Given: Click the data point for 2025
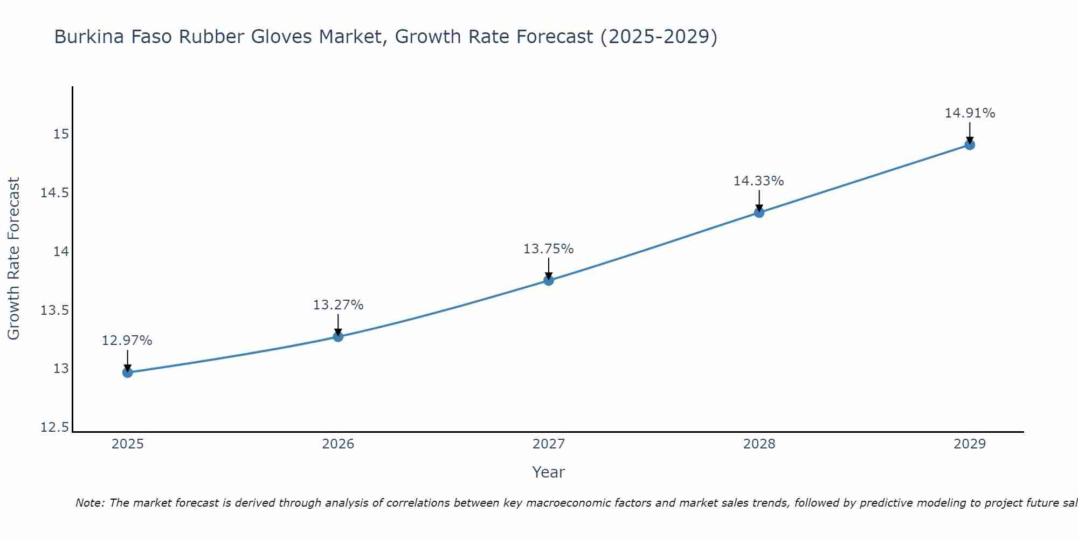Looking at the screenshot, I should point(127,372).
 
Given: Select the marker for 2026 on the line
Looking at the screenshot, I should point(338,337).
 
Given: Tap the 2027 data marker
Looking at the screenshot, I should point(549,280).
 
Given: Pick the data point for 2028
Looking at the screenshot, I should point(759,212).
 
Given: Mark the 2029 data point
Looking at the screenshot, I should point(970,144).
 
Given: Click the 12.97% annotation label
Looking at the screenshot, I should point(127,341).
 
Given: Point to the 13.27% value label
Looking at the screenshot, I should point(338,305).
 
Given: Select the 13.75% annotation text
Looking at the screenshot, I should point(549,249).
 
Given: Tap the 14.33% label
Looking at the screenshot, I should point(759,181).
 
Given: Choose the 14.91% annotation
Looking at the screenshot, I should point(970,113).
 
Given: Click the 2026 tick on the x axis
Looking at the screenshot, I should point(338,444).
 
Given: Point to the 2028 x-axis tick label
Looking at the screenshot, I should point(759,444).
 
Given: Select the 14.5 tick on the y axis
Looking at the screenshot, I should point(54,193).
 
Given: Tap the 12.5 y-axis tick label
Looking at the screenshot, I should point(54,428).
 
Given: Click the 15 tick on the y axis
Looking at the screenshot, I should point(61,134).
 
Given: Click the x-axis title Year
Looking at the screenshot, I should point(548,473).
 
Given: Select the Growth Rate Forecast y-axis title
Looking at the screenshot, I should point(14,259).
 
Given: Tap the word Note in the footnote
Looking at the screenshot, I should point(89,503).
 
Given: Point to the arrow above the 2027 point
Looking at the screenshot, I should point(549,268).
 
